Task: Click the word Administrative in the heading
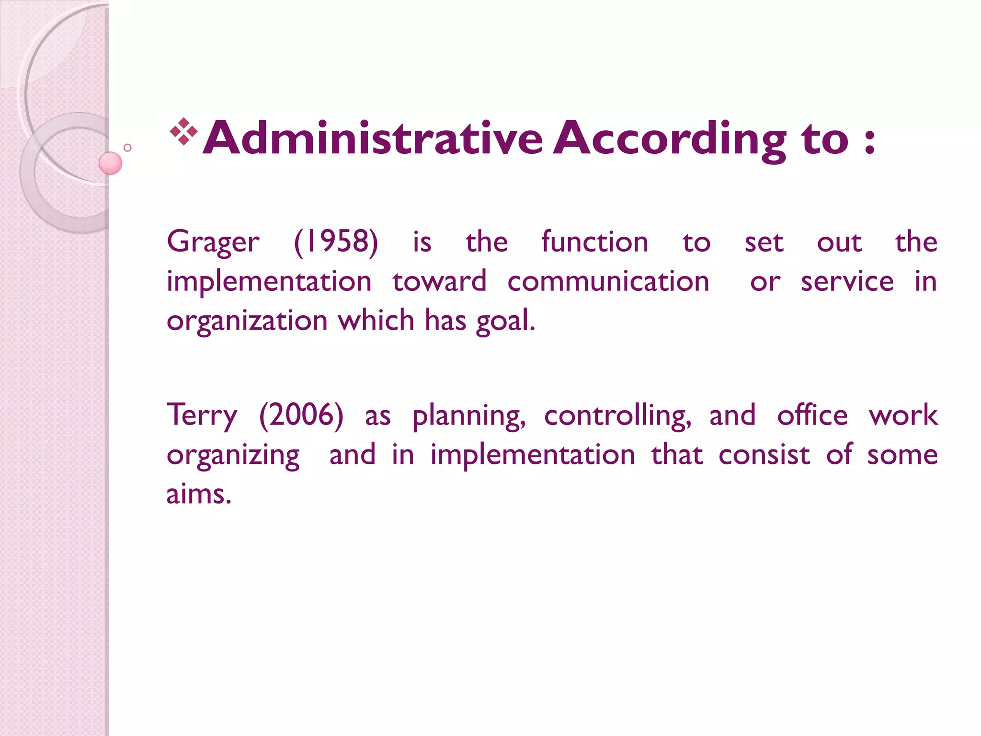pos(373,138)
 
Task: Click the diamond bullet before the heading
pos(183,131)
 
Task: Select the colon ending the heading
pos(870,141)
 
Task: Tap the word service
pos(847,281)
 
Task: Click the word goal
pos(505,321)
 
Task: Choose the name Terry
pos(202,416)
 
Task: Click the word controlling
pos(618,416)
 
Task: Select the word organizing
pos(233,456)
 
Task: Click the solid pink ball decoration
pos(110,163)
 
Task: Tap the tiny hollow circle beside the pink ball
pos(127,148)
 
